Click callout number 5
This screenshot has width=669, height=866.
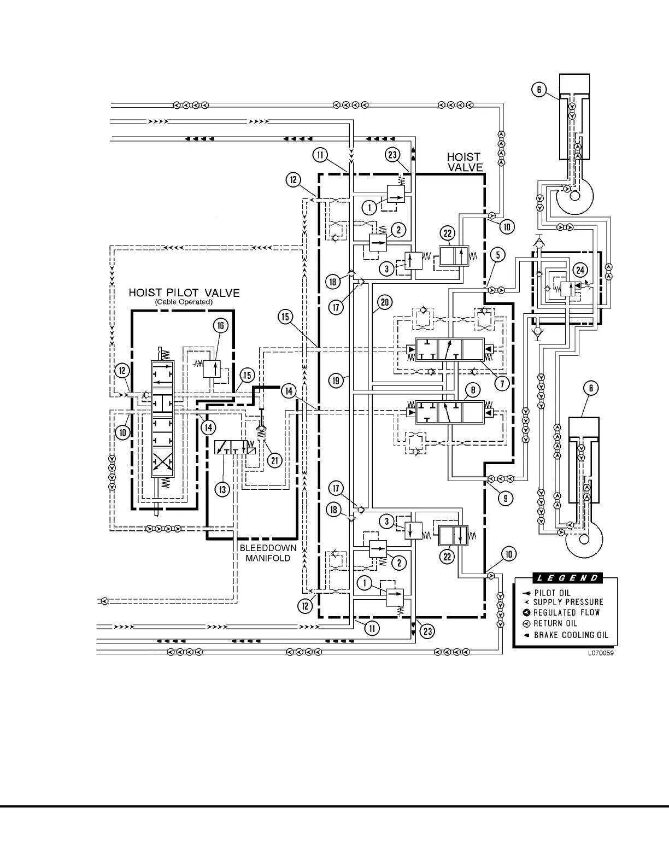(497, 254)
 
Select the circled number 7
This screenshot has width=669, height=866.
(502, 383)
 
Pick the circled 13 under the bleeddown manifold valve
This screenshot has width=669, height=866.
(222, 489)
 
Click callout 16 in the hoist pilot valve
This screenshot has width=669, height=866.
(220, 326)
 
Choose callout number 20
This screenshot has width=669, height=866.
(384, 301)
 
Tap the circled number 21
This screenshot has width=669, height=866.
(274, 460)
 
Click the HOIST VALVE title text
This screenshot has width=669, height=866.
(465, 162)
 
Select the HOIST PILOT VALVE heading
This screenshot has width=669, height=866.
(184, 292)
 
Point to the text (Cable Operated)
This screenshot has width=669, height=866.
(184, 302)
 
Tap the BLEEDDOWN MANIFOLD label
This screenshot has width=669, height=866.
(268, 553)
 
